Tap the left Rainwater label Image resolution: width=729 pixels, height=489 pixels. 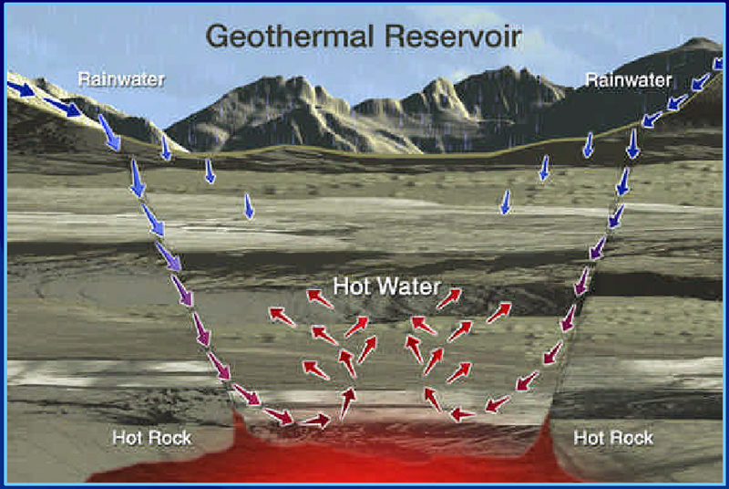(x=121, y=79)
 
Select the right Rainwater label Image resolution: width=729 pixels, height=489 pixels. (x=629, y=80)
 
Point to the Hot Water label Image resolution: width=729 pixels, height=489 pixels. (x=386, y=286)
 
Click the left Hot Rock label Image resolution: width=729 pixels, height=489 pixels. (x=152, y=438)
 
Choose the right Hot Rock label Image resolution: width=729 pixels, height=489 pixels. (x=613, y=438)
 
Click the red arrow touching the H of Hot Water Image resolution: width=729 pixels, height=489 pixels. (x=320, y=298)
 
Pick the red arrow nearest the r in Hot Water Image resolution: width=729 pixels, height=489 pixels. (x=448, y=298)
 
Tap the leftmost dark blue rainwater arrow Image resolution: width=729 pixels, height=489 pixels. (x=20, y=88)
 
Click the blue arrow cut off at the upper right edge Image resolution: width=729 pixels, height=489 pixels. (x=718, y=63)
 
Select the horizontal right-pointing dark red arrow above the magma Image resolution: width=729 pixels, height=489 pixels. (x=315, y=421)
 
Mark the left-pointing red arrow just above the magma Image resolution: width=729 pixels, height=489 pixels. (x=463, y=413)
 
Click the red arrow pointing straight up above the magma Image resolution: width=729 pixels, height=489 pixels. (x=347, y=403)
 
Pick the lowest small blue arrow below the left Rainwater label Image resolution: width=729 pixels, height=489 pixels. (x=249, y=206)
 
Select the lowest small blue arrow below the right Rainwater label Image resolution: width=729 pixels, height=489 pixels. (x=506, y=202)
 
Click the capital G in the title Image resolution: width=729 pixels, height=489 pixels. (x=219, y=36)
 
